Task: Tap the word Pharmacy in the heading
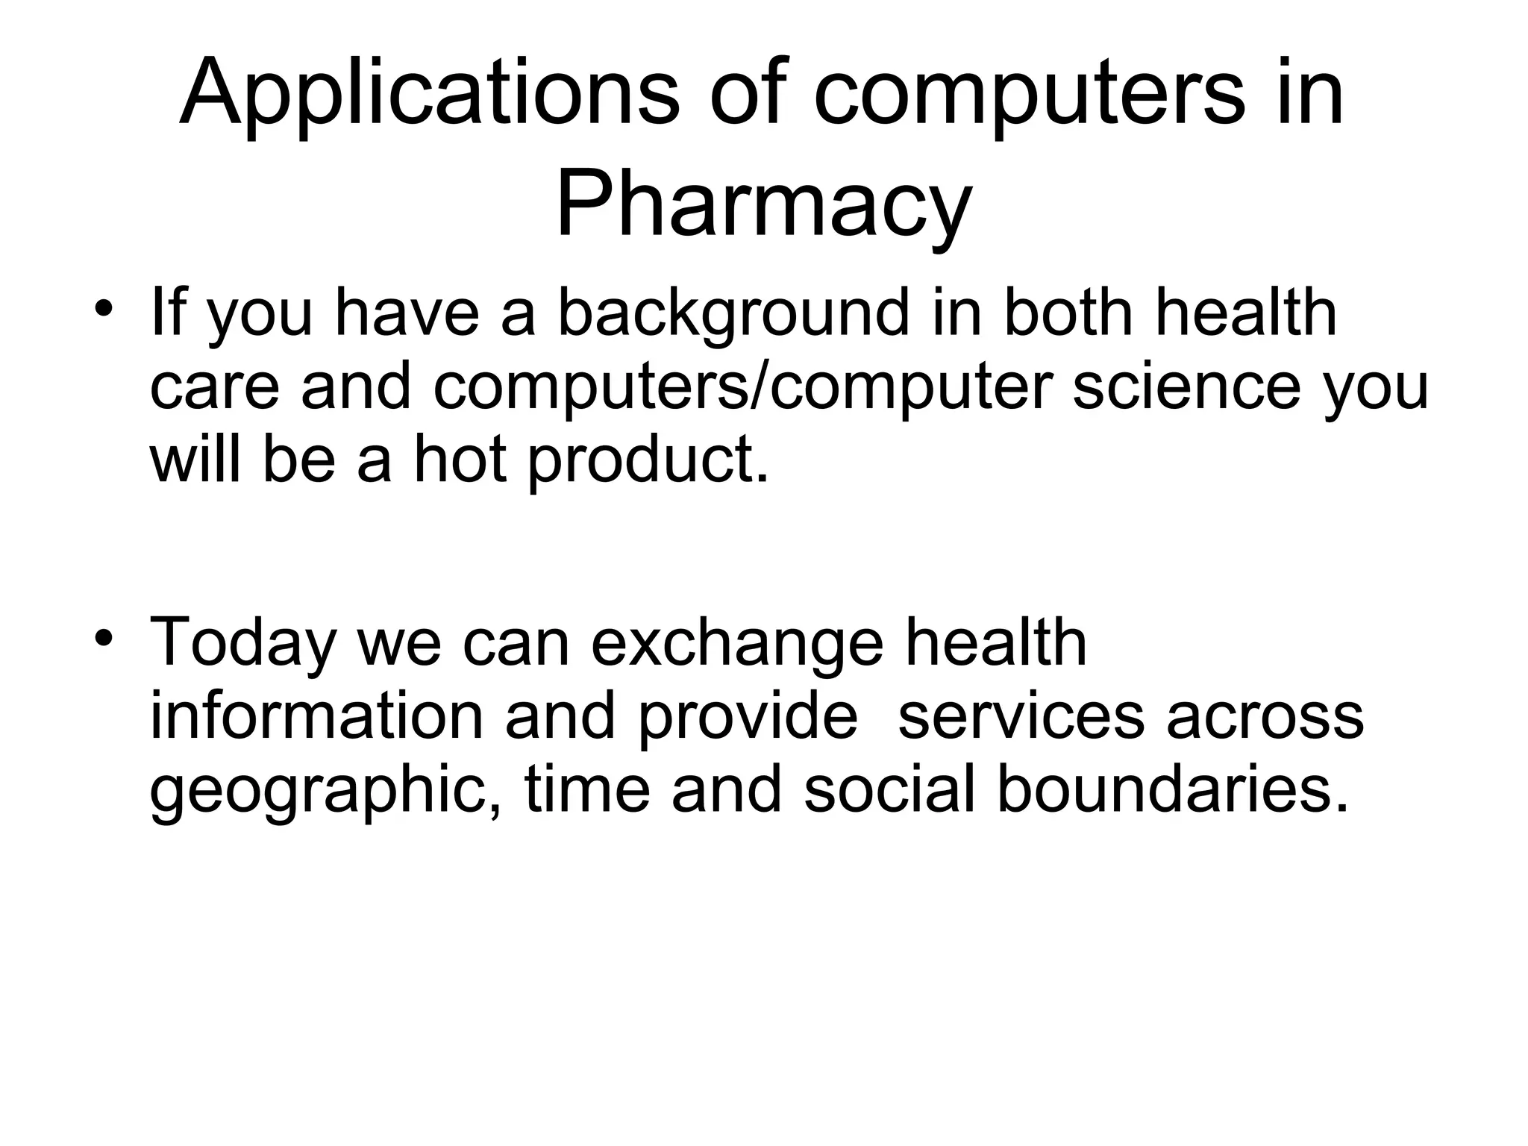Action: coord(763,203)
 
